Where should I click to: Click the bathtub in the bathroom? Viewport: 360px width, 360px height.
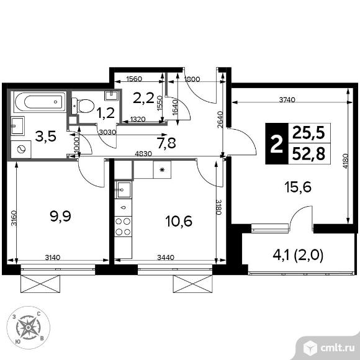click(40, 102)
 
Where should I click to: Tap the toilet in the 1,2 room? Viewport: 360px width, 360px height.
click(83, 106)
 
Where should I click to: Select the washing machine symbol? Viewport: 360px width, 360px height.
click(21, 149)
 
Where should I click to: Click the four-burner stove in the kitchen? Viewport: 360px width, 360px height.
click(123, 227)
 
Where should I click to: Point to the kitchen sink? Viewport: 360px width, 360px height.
click(124, 190)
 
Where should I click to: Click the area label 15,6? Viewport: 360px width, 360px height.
click(298, 187)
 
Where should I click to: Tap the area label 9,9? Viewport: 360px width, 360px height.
click(61, 216)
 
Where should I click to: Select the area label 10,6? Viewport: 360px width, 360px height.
click(179, 222)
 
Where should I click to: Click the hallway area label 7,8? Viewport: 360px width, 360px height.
click(166, 143)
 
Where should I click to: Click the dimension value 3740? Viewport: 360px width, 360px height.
click(287, 100)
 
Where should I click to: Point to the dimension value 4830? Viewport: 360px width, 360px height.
click(143, 153)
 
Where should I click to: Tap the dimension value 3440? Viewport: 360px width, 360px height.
click(166, 258)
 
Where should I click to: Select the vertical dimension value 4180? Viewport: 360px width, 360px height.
click(345, 161)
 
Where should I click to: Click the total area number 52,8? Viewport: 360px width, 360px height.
click(308, 154)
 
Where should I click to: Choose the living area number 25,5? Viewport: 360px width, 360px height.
click(308, 133)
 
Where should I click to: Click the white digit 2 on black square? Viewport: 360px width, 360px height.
click(277, 144)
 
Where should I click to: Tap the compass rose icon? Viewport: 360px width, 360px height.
click(28, 327)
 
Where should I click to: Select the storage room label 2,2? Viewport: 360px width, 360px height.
click(144, 98)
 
